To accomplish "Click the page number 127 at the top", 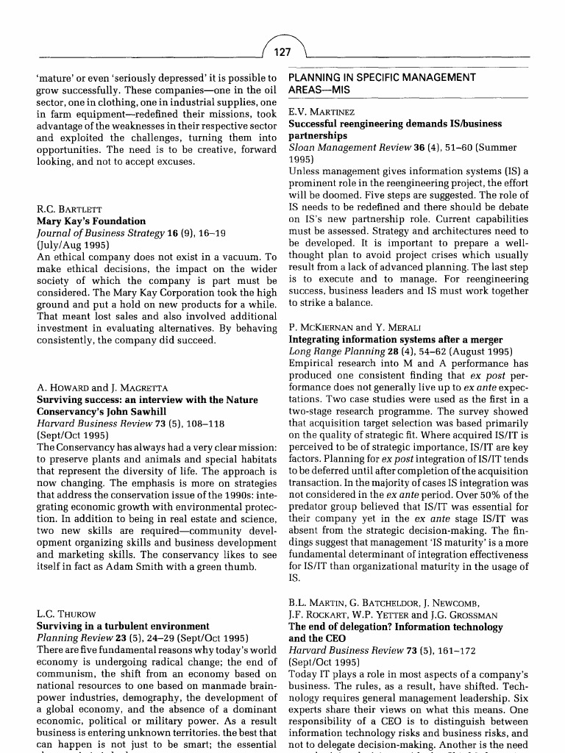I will [x=282, y=52].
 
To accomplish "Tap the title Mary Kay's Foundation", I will [x=91, y=221].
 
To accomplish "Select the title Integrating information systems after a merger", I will [x=396, y=339].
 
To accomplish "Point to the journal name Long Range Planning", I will [x=337, y=351].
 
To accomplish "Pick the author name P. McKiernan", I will [x=322, y=327].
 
